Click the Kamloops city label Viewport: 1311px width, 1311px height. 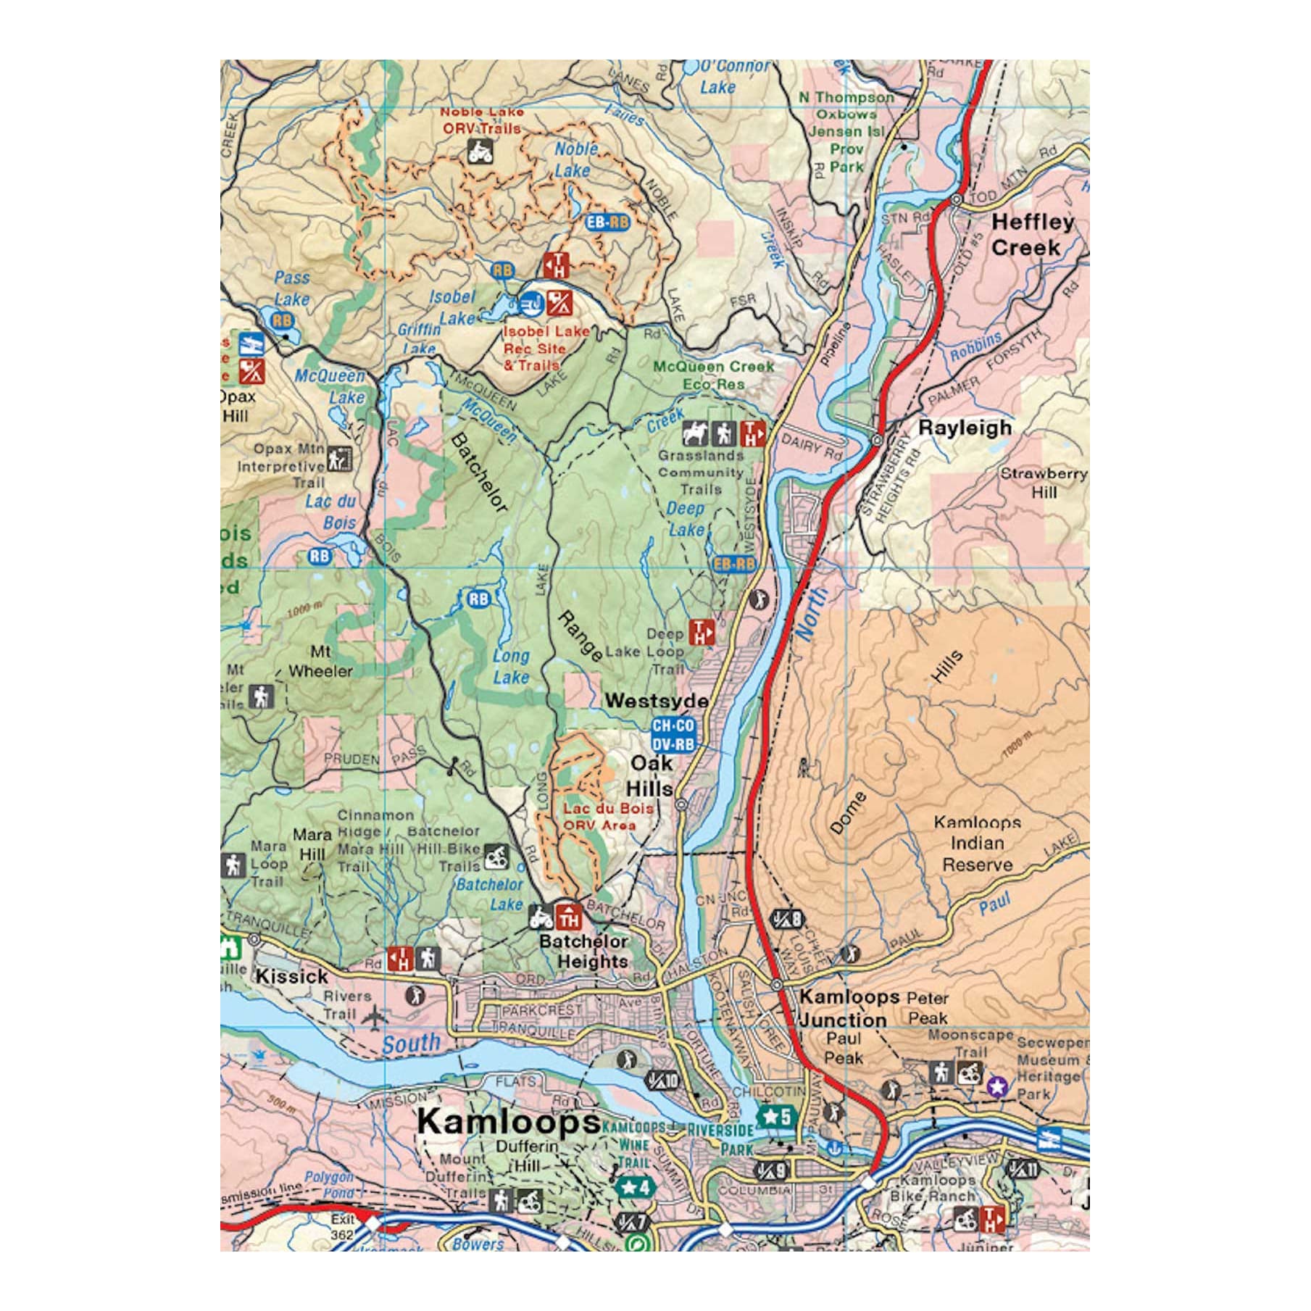point(508,1121)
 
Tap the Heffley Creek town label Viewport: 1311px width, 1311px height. point(1031,235)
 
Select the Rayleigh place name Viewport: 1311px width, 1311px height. point(965,428)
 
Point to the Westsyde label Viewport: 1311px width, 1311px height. point(657,701)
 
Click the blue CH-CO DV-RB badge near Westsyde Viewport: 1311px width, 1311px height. point(673,735)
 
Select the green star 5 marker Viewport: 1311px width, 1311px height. point(777,1117)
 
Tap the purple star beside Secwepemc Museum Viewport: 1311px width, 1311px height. point(997,1086)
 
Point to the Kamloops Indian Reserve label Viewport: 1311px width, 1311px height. point(977,844)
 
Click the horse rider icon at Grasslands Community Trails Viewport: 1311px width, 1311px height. point(695,434)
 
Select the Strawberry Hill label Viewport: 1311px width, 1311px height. point(1044,483)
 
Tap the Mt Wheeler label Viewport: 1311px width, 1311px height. point(320,661)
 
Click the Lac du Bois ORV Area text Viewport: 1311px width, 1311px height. point(607,816)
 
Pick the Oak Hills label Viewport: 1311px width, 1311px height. point(650,775)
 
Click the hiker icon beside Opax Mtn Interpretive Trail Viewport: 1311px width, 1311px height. point(338,459)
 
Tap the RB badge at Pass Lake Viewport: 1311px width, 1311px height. point(282,320)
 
